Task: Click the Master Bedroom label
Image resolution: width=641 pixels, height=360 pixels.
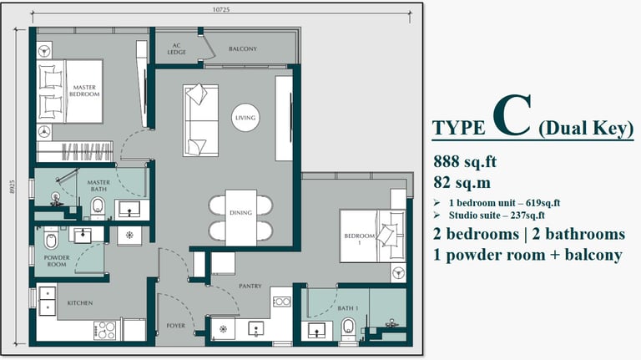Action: click(x=84, y=91)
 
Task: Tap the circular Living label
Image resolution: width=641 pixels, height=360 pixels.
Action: click(x=245, y=118)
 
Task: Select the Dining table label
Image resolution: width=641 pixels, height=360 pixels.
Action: click(x=240, y=213)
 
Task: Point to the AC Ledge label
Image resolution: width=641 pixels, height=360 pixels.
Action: click(x=177, y=48)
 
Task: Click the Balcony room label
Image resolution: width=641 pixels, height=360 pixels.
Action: click(x=243, y=48)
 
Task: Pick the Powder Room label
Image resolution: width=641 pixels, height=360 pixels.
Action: click(x=57, y=261)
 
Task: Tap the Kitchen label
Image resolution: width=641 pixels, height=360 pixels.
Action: click(x=80, y=303)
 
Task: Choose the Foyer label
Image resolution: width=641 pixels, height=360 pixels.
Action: click(x=176, y=326)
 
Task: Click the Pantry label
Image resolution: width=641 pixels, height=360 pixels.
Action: click(x=250, y=286)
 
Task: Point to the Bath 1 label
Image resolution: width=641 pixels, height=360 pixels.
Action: click(x=348, y=308)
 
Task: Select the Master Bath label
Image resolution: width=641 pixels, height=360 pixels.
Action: click(x=98, y=185)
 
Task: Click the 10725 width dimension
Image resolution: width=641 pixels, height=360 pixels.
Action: click(x=220, y=9)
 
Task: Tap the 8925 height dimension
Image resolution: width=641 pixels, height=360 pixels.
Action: click(x=12, y=186)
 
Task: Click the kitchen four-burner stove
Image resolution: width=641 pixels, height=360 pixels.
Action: click(x=105, y=331)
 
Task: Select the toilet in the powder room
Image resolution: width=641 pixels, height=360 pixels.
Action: click(x=51, y=240)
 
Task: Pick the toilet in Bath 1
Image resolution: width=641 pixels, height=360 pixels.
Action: click(x=348, y=330)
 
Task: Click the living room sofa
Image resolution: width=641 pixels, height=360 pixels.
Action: click(x=200, y=120)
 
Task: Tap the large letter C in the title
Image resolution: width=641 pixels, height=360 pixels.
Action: click(x=512, y=115)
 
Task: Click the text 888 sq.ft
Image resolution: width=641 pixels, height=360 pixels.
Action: click(x=465, y=161)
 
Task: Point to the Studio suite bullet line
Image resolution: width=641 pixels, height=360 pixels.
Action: click(x=491, y=215)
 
